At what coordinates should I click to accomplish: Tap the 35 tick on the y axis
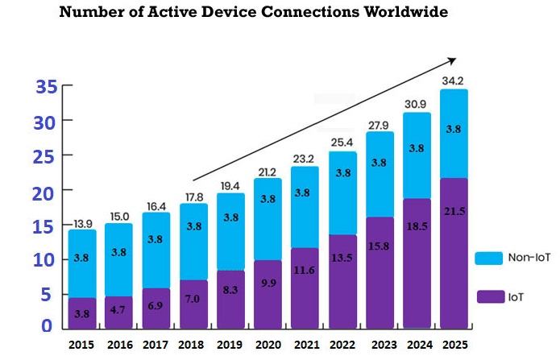click(47, 87)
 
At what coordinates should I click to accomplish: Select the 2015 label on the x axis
click(82, 344)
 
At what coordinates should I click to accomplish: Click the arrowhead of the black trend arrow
click(453, 60)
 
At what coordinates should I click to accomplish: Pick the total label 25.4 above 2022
click(343, 143)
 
